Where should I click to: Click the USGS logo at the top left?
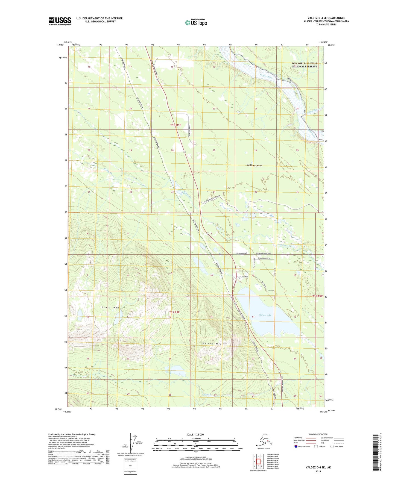(x=60, y=21)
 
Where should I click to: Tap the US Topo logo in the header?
(x=196, y=22)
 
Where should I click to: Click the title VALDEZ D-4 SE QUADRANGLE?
(x=324, y=18)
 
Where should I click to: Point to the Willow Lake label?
(x=265, y=315)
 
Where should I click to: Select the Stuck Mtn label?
(x=111, y=308)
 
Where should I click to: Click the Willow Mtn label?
(x=212, y=343)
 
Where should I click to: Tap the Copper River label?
(x=267, y=77)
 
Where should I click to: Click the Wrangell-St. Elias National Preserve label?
(x=305, y=65)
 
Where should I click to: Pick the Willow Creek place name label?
(x=254, y=166)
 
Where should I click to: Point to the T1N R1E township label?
(x=176, y=125)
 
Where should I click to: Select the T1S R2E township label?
(x=318, y=296)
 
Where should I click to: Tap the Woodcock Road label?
(x=241, y=253)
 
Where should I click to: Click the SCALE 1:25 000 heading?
(x=195, y=434)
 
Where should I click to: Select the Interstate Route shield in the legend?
(x=296, y=446)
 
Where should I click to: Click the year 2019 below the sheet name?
(x=318, y=471)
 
